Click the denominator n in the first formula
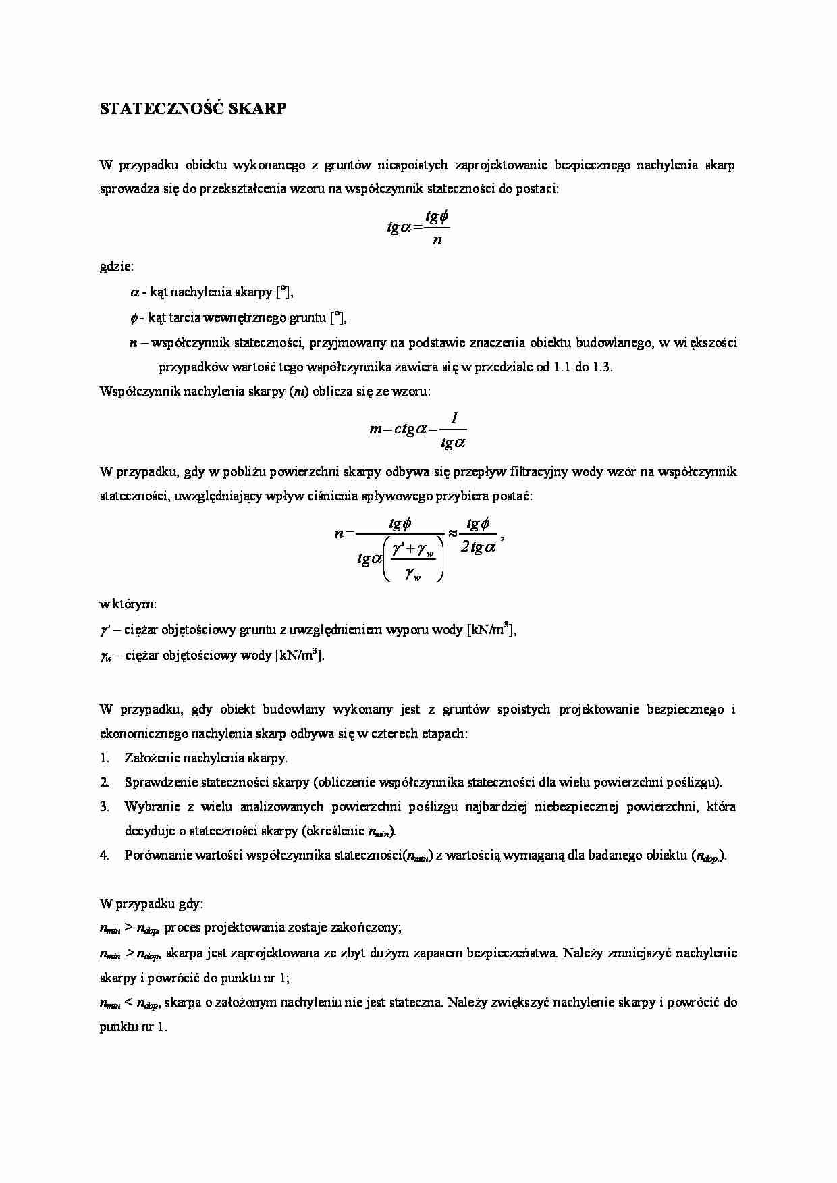(437, 240)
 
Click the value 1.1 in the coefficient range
(562, 367)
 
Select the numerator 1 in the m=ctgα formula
(454, 419)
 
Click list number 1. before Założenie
(105, 758)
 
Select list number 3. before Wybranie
(105, 806)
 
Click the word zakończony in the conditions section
(366, 928)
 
